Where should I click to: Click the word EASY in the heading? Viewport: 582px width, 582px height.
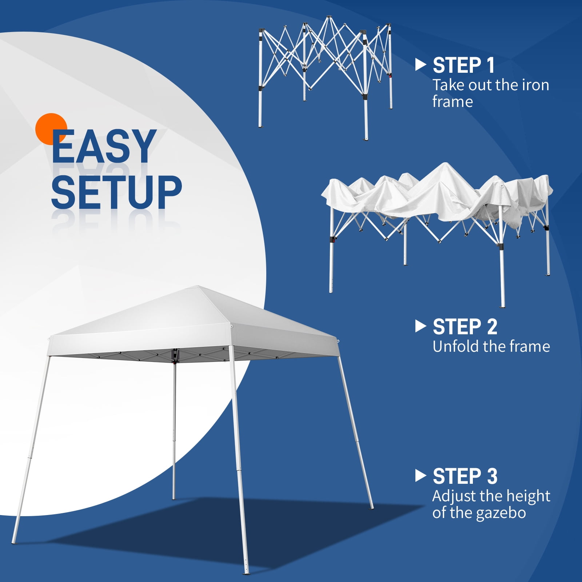[x=104, y=147]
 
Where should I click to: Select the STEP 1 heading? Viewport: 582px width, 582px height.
[x=463, y=65]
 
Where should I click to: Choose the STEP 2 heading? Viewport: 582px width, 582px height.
[x=465, y=327]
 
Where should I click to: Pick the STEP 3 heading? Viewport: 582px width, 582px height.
[x=465, y=477]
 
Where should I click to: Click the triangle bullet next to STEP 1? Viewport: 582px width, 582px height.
[x=420, y=65]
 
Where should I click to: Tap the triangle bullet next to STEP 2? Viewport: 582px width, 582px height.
[x=420, y=326]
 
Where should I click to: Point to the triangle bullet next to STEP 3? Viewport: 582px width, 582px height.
[x=420, y=476]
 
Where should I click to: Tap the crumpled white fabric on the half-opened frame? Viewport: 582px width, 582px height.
[x=436, y=193]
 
